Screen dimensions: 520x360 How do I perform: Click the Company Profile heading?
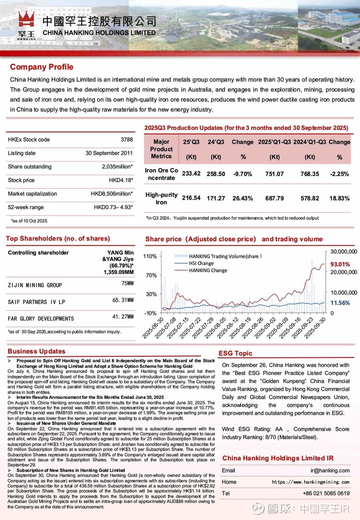pyautogui.click(x=41, y=67)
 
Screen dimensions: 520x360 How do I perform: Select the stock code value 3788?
pyautogui.click(x=127, y=140)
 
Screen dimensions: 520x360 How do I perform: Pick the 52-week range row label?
pyautogui.click(x=26, y=207)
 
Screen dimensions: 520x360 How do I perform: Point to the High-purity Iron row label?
pyautogui.click(x=161, y=198)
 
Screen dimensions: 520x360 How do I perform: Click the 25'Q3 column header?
pyautogui.click(x=191, y=142)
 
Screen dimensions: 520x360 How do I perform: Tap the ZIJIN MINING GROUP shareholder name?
pyautogui.click(x=35, y=285)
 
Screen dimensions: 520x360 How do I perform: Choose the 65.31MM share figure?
pyautogui.click(x=123, y=300)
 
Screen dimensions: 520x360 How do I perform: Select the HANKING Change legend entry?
pyautogui.click(x=208, y=270)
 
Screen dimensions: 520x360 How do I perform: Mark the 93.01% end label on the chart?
pyautogui.click(x=341, y=265)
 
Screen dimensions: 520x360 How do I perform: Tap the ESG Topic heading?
pyautogui.click(x=235, y=353)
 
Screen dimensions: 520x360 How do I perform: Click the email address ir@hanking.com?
pyautogui.click(x=330, y=470)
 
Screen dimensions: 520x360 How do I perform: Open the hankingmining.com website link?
pyautogui.click(x=310, y=482)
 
